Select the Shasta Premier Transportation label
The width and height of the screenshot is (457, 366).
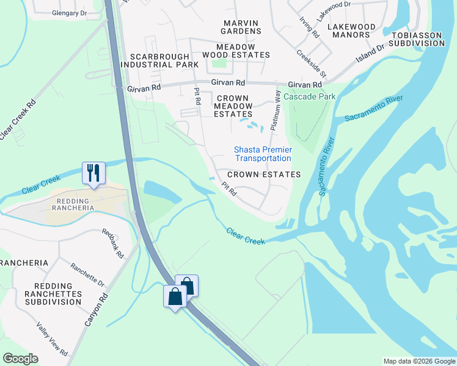click(x=263, y=154)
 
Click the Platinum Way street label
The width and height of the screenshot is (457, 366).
click(x=277, y=110)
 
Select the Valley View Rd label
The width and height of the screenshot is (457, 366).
click(x=51, y=339)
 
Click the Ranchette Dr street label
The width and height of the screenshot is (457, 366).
click(x=87, y=275)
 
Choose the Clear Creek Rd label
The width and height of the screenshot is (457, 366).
click(x=18, y=118)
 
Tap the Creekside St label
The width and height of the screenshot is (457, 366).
click(x=312, y=63)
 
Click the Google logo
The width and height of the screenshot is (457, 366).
click(x=20, y=359)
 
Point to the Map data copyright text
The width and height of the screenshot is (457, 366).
click(x=418, y=361)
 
